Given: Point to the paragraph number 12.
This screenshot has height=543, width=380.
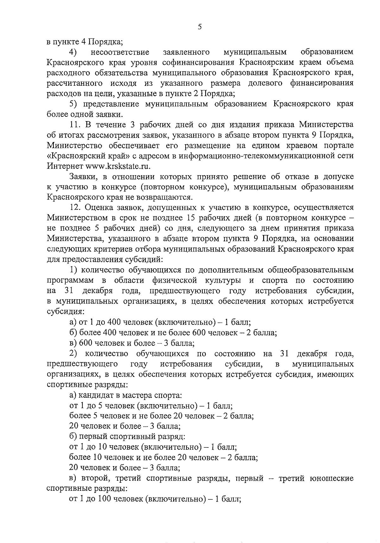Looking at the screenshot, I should click(75, 207).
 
